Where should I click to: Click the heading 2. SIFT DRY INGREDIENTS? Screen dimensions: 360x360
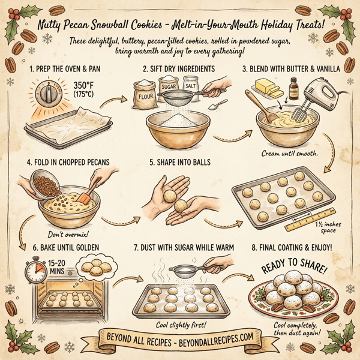pos(179,69)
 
